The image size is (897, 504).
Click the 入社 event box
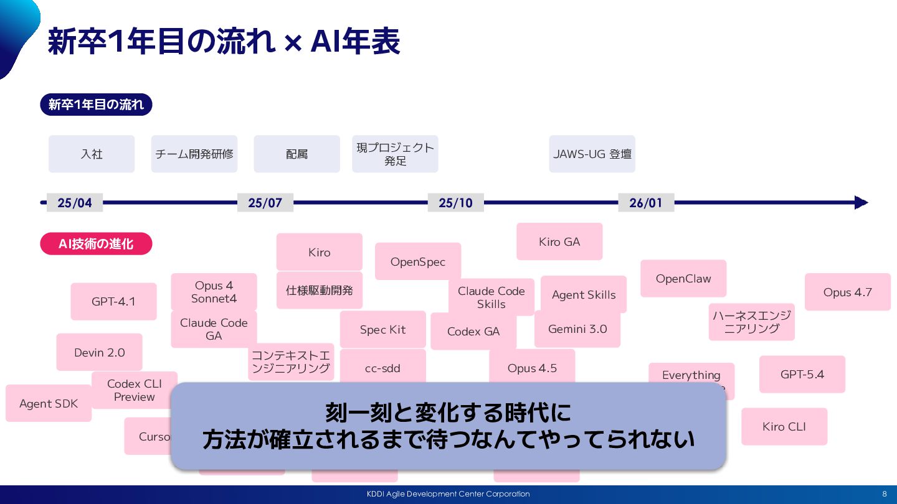point(92,154)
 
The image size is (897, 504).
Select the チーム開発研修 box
point(194,154)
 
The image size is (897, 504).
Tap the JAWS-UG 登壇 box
point(592,154)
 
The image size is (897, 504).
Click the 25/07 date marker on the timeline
point(265,203)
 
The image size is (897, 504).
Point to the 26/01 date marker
point(646,203)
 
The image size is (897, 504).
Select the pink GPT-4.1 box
point(113,302)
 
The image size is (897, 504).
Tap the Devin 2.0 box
point(100,352)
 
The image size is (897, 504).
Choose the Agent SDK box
point(49,403)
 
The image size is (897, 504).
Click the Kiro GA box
point(559,241)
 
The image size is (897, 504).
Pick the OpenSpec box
point(418,261)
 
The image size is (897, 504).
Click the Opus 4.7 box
point(847,292)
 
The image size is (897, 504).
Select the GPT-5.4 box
point(802,374)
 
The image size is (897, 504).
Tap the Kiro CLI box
point(784,426)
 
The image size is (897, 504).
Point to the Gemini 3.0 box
point(577,329)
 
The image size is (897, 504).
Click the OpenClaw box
point(683,278)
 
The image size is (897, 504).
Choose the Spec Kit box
point(382,329)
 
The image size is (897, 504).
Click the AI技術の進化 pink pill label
point(96,244)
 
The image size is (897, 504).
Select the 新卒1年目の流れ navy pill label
point(96,105)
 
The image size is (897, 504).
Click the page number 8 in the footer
point(884,494)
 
